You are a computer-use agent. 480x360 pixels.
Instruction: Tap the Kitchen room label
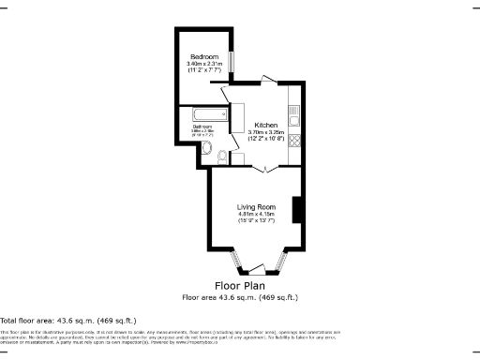point(265,126)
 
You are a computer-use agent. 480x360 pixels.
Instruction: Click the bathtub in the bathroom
point(202,116)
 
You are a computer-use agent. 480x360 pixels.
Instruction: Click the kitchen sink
point(293,118)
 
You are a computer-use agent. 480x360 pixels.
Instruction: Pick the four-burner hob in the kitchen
point(293,142)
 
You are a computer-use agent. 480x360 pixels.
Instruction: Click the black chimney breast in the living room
point(297,210)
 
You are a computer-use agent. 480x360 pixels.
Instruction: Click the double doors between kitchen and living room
point(266,167)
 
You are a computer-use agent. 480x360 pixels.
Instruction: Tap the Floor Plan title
point(240,285)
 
